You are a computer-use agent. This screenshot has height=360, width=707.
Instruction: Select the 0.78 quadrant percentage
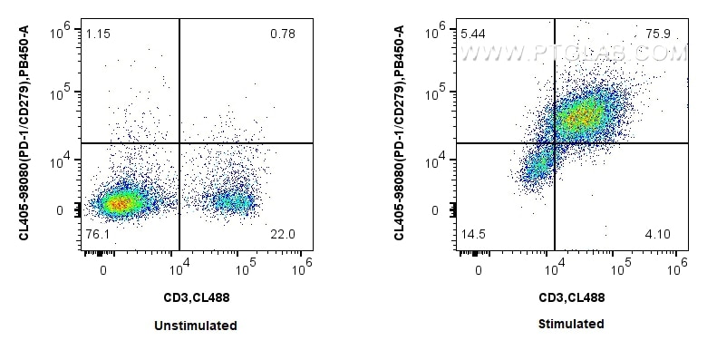tap(284, 34)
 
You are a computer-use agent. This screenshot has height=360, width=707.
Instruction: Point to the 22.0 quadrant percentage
tap(284, 235)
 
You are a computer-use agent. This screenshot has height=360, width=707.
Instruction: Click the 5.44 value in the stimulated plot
tap(471, 34)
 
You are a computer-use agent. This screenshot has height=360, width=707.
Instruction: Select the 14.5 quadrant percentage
tap(471, 235)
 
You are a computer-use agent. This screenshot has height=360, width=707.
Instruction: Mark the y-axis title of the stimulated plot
tap(400, 132)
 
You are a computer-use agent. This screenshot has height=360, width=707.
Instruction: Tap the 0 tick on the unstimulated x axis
tap(103, 269)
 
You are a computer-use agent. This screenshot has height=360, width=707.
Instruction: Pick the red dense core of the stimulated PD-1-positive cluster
tap(582, 116)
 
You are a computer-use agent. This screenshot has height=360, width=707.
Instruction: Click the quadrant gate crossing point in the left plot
tap(179, 143)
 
